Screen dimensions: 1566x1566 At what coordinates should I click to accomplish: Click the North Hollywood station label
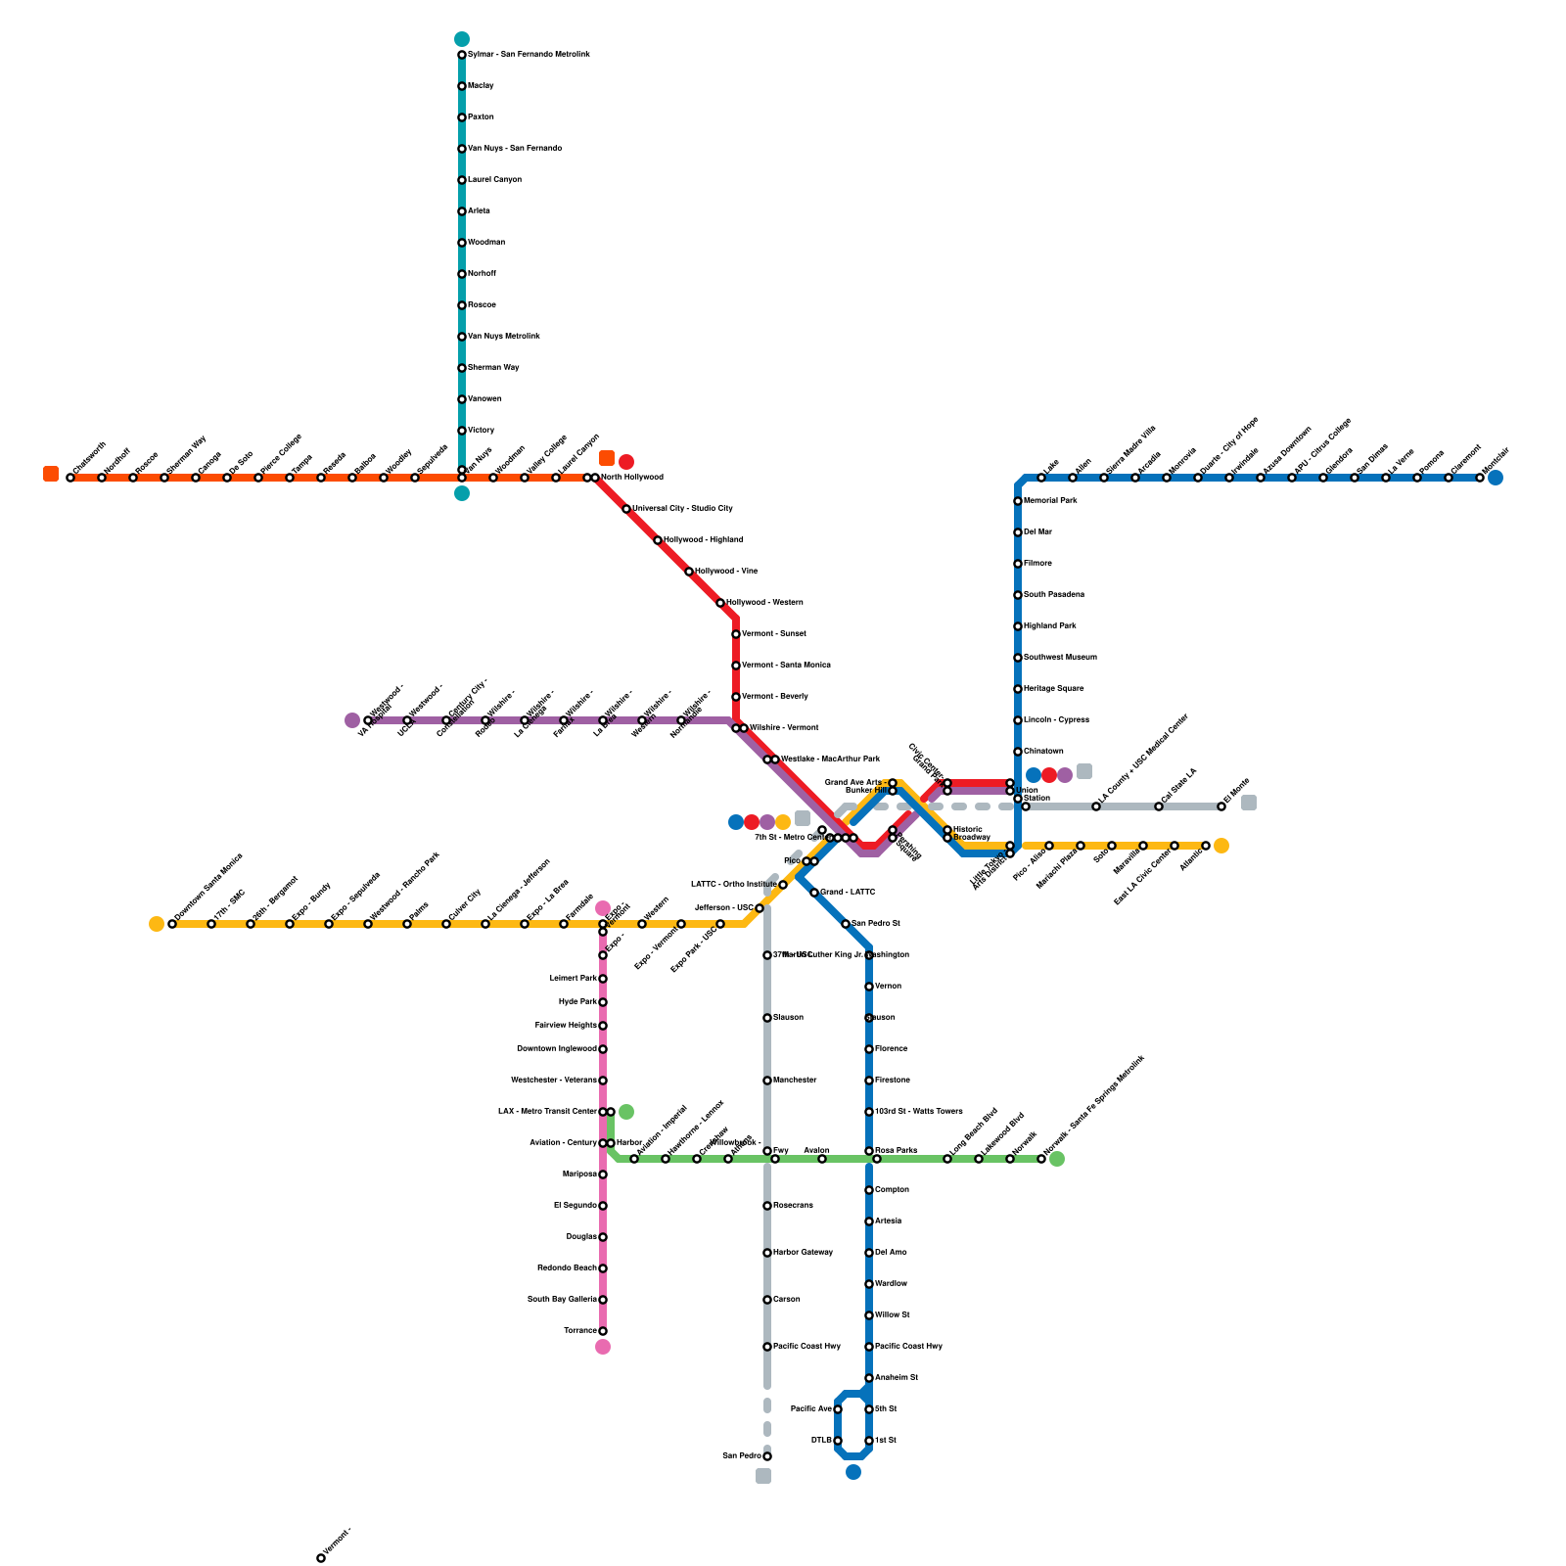(632, 478)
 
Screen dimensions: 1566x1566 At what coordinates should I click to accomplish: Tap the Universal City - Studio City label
(682, 509)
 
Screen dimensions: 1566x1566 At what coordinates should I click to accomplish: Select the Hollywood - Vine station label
(726, 572)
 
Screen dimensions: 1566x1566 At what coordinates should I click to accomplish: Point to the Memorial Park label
(1050, 501)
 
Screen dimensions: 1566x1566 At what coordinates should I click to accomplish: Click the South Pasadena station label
(1054, 595)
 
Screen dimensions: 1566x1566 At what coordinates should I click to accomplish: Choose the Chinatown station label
(1043, 752)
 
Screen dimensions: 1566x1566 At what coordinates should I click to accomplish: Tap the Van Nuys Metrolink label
(504, 337)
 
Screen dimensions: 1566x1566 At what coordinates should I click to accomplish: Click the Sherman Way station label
(493, 368)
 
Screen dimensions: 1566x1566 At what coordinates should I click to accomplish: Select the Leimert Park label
(574, 979)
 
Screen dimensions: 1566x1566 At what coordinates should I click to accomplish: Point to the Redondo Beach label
(567, 1268)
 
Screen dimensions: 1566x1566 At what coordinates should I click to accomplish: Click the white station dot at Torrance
(603, 1331)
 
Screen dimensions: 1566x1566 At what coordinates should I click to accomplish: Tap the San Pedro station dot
(767, 1456)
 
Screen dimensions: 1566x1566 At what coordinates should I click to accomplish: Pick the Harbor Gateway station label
(803, 1253)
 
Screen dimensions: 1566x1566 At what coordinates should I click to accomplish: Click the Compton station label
(892, 1190)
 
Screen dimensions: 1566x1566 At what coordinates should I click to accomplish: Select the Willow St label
(892, 1315)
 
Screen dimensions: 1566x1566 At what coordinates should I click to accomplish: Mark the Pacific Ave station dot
(838, 1409)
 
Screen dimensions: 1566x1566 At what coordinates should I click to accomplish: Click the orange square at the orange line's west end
(51, 474)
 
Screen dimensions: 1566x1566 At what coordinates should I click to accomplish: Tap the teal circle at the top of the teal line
(462, 39)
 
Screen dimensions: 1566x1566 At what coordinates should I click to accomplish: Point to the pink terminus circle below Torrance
(603, 1347)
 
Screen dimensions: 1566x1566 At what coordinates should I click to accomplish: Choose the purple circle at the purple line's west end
(352, 720)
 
